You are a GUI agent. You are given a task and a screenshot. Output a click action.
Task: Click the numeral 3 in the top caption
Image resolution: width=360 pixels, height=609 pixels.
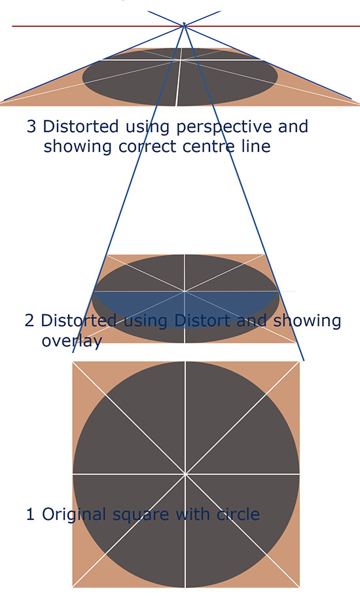(31, 127)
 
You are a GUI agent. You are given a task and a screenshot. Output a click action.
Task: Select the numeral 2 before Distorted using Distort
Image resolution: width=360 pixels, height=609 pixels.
(29, 321)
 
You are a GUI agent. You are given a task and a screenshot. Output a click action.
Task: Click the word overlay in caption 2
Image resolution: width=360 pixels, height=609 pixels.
(72, 341)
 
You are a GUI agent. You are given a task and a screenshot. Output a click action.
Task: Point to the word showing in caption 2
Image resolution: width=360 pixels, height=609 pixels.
(307, 322)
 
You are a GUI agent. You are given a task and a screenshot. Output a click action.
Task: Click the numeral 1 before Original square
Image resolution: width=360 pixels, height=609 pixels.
(30, 514)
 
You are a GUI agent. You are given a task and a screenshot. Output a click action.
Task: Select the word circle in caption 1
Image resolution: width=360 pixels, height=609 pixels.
(238, 514)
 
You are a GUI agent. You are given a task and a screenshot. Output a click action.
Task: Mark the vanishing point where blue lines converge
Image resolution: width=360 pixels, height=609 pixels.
(184, 26)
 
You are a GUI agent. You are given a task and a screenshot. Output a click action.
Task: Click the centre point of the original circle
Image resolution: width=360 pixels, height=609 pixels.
(186, 474)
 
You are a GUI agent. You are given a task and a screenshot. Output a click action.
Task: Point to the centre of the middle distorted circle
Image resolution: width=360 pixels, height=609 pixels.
(185, 291)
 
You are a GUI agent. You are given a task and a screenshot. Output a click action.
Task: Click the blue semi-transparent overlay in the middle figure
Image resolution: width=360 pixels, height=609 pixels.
(185, 307)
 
